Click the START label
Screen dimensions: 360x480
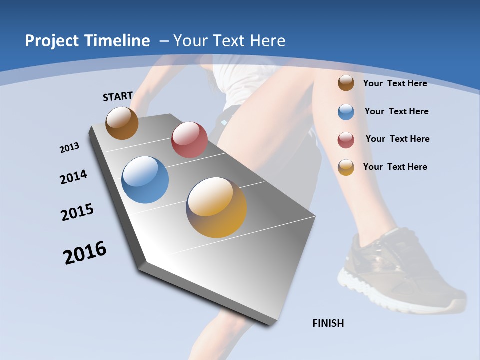(x=118, y=96)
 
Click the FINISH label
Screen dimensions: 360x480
(x=328, y=323)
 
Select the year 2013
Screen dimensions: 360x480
(x=69, y=148)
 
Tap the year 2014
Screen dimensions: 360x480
(x=73, y=177)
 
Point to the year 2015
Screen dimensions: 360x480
(x=77, y=212)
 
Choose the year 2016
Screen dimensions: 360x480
(x=84, y=253)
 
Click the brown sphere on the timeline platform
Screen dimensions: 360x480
(x=122, y=123)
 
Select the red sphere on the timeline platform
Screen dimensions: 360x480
(x=189, y=139)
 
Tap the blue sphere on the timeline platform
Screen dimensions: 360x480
(x=145, y=180)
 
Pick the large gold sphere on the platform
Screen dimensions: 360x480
(x=216, y=207)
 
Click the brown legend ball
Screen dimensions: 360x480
(x=346, y=83)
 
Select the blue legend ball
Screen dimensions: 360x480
(x=346, y=112)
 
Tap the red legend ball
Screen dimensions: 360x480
(x=346, y=140)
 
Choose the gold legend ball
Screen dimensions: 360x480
(x=346, y=167)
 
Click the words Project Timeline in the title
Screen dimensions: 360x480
(x=87, y=41)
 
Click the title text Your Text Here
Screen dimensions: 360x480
(x=229, y=41)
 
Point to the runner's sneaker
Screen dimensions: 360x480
(x=400, y=270)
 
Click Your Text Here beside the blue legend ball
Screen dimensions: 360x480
(x=396, y=111)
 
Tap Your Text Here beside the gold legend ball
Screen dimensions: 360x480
(x=395, y=167)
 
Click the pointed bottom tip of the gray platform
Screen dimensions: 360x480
(x=270, y=324)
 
